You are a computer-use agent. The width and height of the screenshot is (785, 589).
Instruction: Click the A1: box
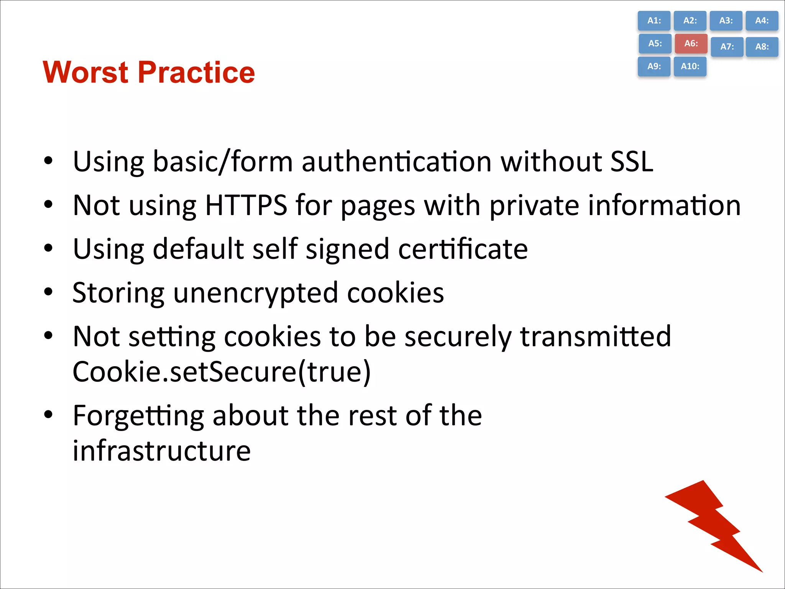point(654,21)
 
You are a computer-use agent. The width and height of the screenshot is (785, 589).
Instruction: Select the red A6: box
point(691,43)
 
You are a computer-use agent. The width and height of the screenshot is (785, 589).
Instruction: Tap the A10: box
point(690,66)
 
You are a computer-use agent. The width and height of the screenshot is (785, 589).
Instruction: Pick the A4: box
point(762,21)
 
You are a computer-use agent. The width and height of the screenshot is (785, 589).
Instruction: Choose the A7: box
point(727,47)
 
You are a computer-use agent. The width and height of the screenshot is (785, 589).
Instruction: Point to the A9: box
point(654,66)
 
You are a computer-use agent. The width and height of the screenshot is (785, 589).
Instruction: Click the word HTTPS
point(246,205)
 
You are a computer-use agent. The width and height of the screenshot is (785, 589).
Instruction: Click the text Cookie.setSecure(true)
point(222,372)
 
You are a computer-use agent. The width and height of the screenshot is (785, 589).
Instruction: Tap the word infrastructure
point(162,451)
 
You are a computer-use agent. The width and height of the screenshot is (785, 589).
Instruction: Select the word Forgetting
point(138,416)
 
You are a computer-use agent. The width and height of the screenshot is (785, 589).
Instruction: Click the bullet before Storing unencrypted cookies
point(48,292)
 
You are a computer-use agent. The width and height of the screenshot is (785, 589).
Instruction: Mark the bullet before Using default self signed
point(48,248)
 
